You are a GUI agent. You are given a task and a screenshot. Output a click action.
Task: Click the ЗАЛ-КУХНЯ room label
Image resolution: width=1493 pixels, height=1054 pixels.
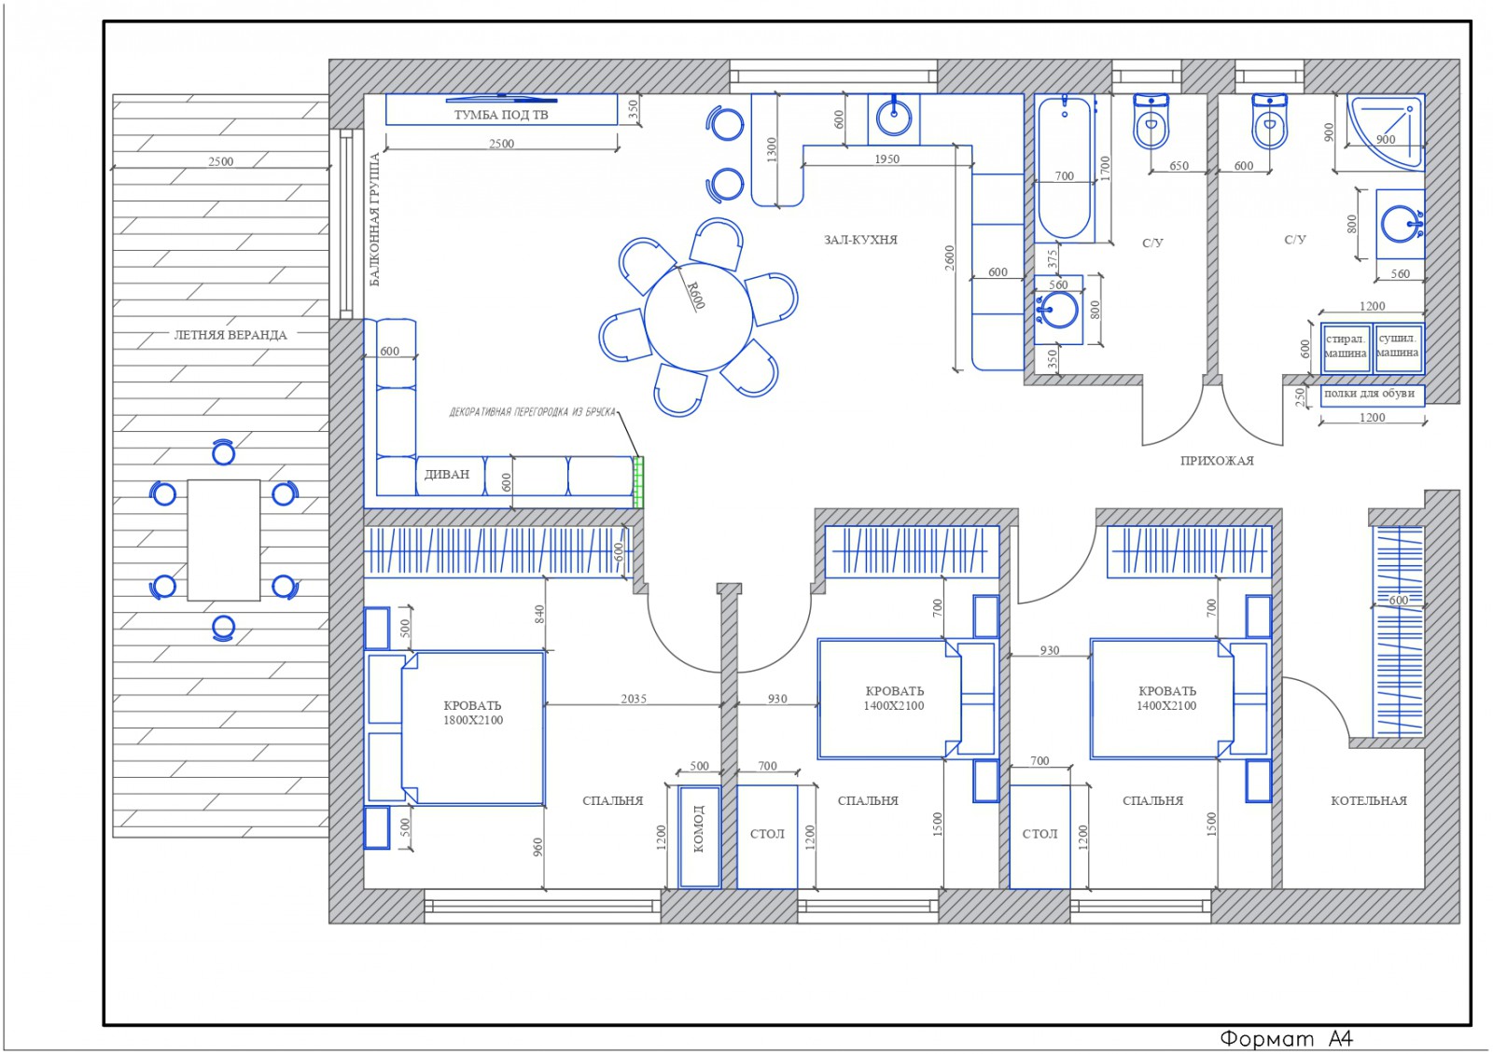pos(860,240)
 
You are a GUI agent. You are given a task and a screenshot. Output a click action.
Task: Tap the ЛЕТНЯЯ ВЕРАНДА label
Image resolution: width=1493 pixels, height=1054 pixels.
pos(230,335)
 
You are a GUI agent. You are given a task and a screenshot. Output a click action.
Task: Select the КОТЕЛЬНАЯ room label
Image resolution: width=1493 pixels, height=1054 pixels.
pos(1368,801)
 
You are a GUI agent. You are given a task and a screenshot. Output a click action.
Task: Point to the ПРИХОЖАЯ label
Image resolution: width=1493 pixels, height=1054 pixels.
pos(1217,461)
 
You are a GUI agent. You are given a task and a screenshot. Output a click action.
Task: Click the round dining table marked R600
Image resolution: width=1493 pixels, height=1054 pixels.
pos(699,316)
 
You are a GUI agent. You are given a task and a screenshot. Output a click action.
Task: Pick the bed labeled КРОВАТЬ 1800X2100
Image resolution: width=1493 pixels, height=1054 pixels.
pos(472,728)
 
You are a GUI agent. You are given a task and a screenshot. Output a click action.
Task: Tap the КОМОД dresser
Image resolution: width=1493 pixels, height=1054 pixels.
pos(699,837)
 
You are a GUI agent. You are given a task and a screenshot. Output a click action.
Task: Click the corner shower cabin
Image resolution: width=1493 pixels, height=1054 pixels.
pos(1385,132)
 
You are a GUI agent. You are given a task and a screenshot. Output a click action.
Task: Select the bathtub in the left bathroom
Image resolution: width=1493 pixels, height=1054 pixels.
pos(1065,169)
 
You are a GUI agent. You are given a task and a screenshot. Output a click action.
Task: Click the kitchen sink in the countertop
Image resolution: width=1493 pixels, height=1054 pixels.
pos(894,118)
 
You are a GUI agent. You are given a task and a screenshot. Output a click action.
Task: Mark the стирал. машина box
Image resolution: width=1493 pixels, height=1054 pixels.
pos(1346,348)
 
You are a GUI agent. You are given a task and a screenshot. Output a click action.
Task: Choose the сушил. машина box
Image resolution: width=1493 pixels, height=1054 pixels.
pos(1398,348)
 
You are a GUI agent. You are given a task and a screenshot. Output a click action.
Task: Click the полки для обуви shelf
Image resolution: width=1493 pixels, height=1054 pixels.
pos(1372,395)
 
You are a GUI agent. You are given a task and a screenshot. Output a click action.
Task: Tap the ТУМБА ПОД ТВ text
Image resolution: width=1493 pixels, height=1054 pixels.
pos(501,115)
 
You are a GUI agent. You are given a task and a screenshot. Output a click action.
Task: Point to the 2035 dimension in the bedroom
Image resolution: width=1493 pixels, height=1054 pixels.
pos(634,699)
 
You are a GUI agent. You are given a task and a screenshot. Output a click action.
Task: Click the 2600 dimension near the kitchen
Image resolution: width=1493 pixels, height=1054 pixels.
pos(950,257)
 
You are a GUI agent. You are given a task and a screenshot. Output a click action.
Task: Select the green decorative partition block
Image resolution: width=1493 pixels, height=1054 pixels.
pos(638,482)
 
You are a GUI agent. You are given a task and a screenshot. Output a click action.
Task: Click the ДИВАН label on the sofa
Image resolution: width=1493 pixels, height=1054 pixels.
pos(447,475)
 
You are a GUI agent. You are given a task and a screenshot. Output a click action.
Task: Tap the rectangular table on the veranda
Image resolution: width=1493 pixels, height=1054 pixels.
pos(223,540)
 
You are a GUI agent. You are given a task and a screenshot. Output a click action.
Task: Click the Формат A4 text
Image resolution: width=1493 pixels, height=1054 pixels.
pos(1287,1038)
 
